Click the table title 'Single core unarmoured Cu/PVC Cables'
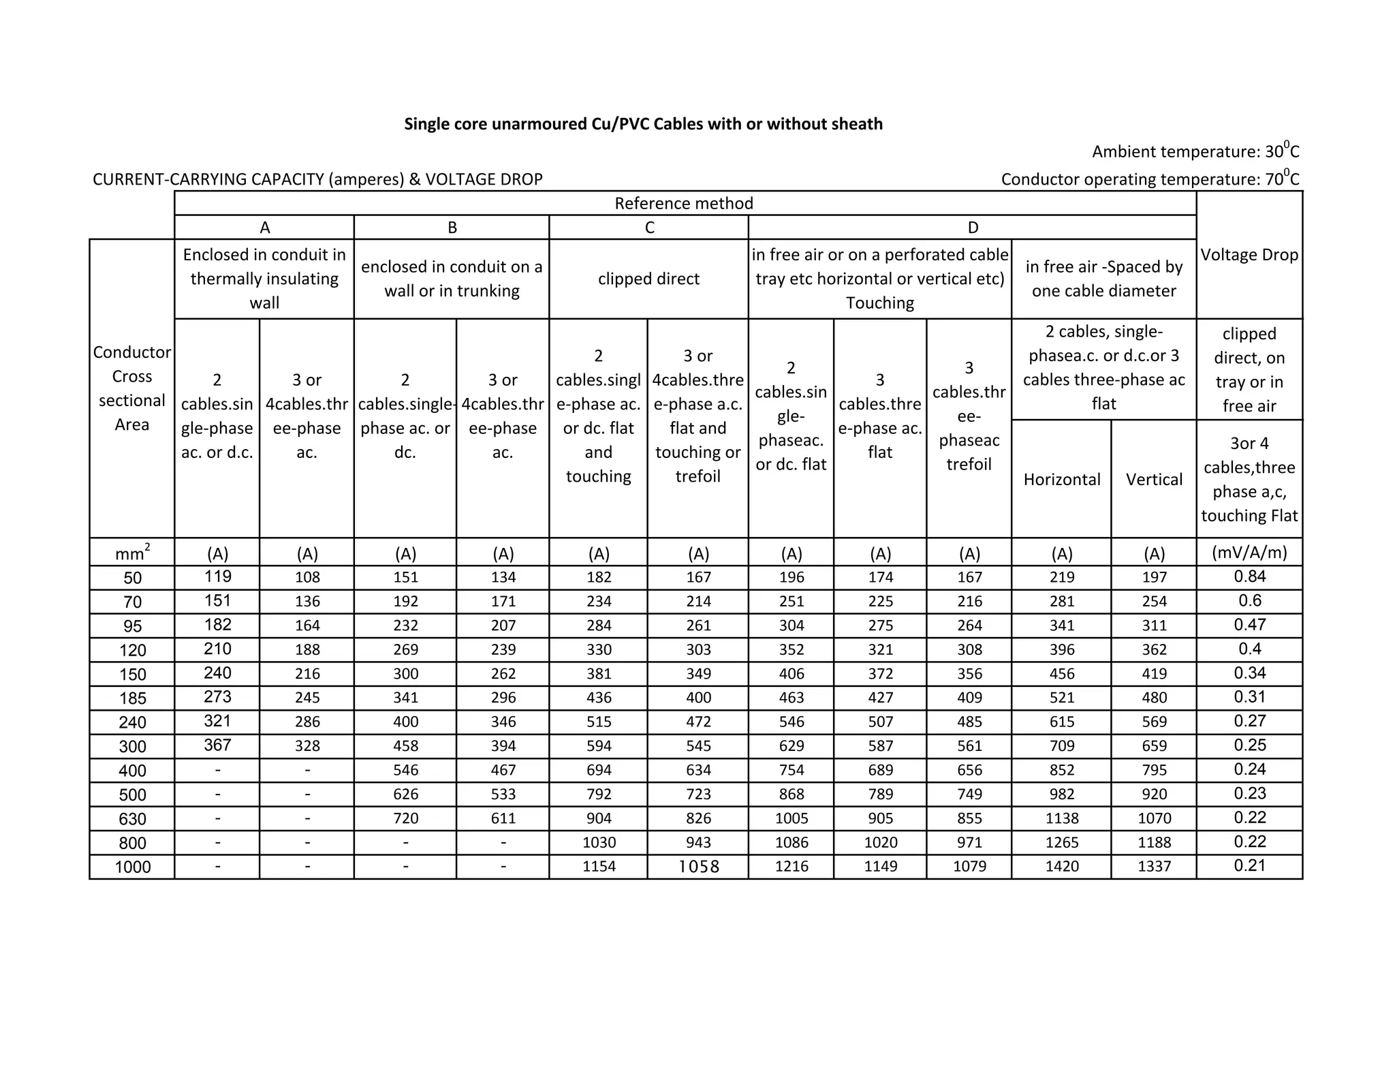pyautogui.click(x=643, y=124)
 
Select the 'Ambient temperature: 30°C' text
pyautogui.click(x=1195, y=151)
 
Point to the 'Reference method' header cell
pyautogui.click(x=684, y=203)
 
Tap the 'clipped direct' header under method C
pyautogui.click(x=648, y=279)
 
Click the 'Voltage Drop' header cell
pyautogui.click(x=1249, y=255)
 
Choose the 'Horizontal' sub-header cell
pyautogui.click(x=1061, y=480)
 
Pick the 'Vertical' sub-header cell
pyautogui.click(x=1154, y=480)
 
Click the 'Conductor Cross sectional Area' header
pyautogui.click(x=131, y=388)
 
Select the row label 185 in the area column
pyautogui.click(x=132, y=698)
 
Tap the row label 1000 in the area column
pyautogui.click(x=132, y=867)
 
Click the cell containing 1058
pyautogui.click(x=698, y=867)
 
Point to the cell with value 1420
pyautogui.click(x=1061, y=867)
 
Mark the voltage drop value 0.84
pyautogui.click(x=1249, y=576)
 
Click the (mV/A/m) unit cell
pyautogui.click(x=1249, y=553)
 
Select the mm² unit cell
pyautogui.click(x=132, y=553)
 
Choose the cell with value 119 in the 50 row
pyautogui.click(x=217, y=576)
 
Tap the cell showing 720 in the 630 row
pyautogui.click(x=405, y=818)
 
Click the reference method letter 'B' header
pyautogui.click(x=452, y=228)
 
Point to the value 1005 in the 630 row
pyautogui.click(x=791, y=818)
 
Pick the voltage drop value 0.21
pyautogui.click(x=1249, y=866)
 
